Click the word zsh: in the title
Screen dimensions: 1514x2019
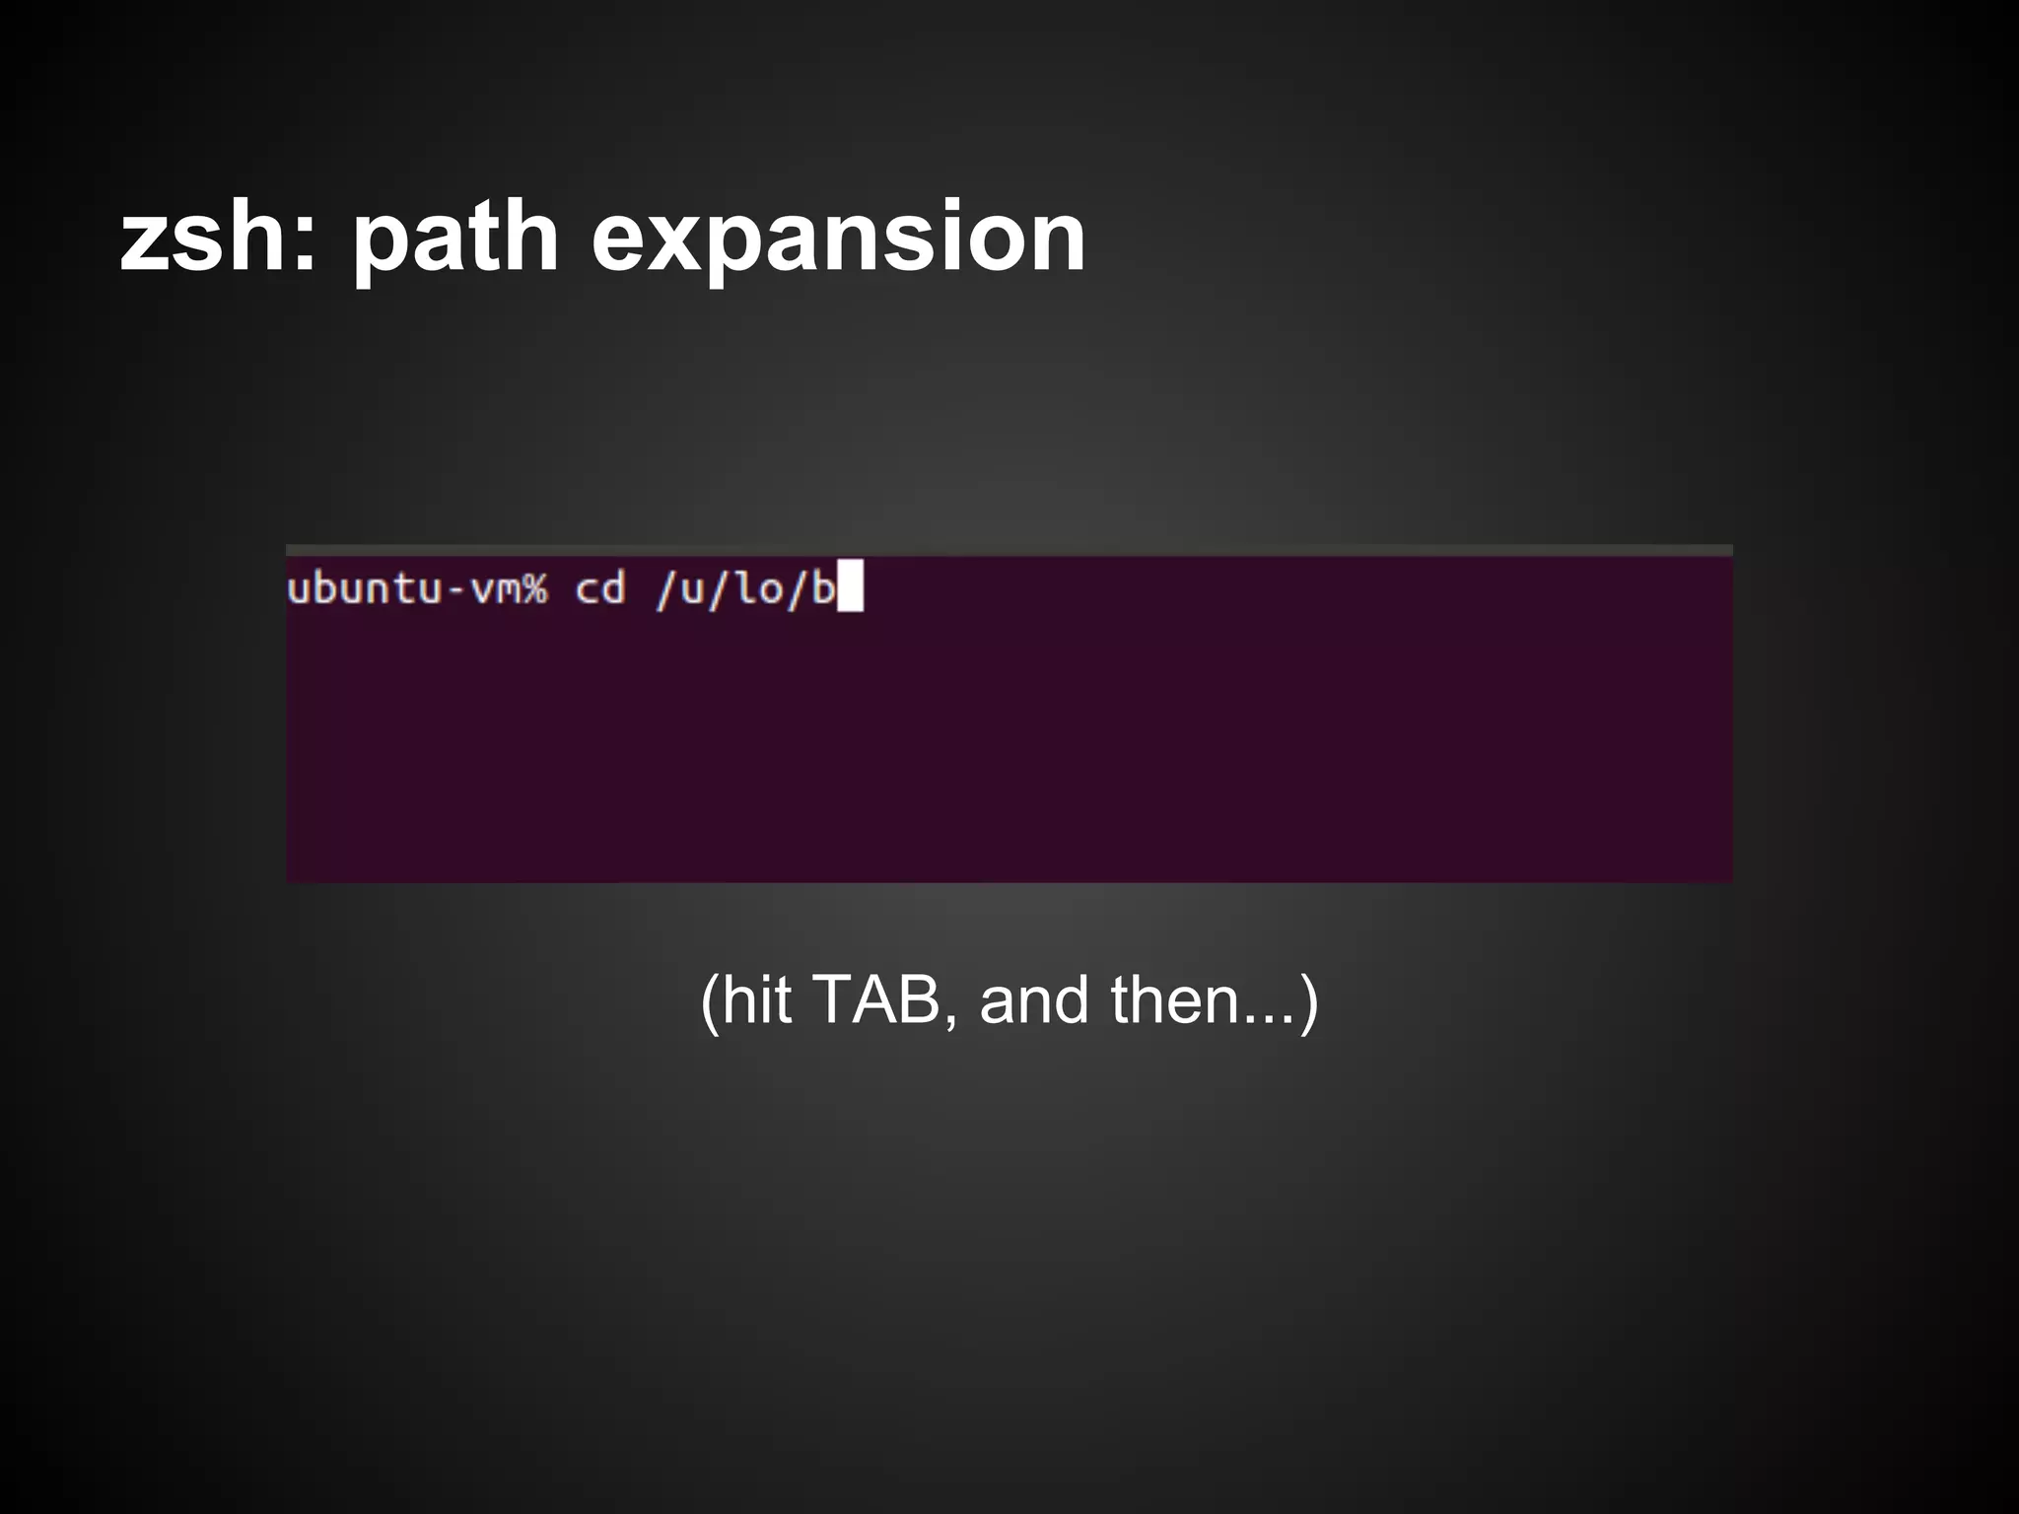219,238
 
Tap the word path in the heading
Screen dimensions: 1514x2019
455,238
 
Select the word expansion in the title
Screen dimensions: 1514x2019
838,238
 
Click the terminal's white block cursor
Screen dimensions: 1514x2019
850,586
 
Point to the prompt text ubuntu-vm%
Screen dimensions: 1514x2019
416,589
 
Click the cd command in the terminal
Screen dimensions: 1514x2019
600,589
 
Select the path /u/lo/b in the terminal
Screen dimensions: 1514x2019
745,589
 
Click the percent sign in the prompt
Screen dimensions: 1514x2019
533,589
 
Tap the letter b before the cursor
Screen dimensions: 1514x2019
822,589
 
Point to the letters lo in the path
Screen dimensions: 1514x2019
760,589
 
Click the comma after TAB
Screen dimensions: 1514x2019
950,1021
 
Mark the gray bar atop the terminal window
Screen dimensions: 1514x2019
1009,550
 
